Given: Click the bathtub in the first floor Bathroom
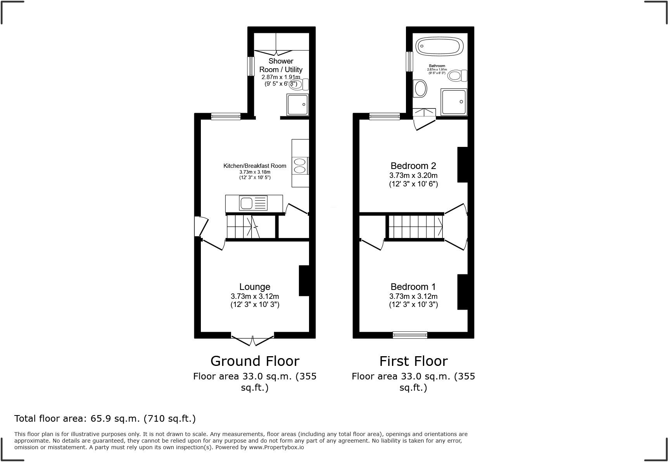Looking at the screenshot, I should [x=439, y=47].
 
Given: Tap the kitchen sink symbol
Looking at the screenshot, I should [x=254, y=203].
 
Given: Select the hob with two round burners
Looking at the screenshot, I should [x=300, y=165].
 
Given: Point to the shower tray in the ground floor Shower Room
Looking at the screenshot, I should [x=298, y=104].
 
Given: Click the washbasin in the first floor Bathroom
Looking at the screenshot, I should [x=420, y=88].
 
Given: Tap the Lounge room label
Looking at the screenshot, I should [x=254, y=287].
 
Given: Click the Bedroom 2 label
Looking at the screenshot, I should [x=413, y=166].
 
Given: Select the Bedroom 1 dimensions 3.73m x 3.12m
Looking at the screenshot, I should [x=413, y=297].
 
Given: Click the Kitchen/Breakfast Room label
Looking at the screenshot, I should [x=255, y=166].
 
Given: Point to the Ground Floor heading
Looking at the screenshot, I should [x=255, y=361].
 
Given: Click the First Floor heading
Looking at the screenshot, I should [x=413, y=361].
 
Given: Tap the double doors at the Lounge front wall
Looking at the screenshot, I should [x=253, y=340].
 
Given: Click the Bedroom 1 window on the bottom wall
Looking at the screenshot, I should [x=410, y=335].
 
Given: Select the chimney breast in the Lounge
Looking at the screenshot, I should [x=304, y=281].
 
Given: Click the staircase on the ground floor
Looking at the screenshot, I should [x=243, y=227].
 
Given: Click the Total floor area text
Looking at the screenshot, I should [x=105, y=419].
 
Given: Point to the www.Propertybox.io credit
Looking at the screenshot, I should [x=276, y=447].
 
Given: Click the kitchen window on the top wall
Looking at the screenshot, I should [x=226, y=116].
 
